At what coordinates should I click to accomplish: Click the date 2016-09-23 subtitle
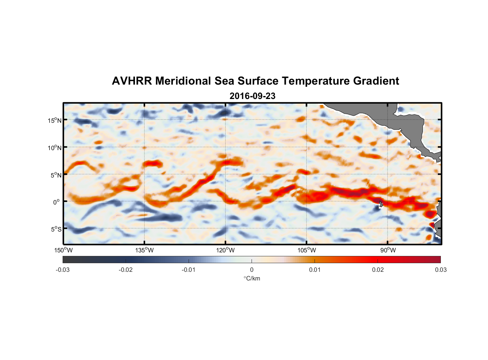(252, 96)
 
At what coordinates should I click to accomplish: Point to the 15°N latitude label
(54, 120)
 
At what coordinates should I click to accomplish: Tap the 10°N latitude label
(54, 148)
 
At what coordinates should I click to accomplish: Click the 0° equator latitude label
(57, 202)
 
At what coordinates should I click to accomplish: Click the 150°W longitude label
(64, 250)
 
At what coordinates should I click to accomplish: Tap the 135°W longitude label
(145, 250)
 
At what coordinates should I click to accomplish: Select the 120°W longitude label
(226, 250)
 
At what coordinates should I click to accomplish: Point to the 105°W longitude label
(307, 250)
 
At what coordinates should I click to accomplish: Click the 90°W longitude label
(388, 250)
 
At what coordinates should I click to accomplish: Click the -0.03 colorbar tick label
(63, 270)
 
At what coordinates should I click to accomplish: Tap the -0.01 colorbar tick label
(188, 270)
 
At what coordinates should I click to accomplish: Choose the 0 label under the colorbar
(252, 270)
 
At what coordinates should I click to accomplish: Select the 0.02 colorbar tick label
(378, 270)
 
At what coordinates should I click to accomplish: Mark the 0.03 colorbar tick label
(440, 270)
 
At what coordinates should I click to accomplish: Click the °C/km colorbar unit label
(252, 278)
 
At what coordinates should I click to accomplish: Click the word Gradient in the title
(376, 81)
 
